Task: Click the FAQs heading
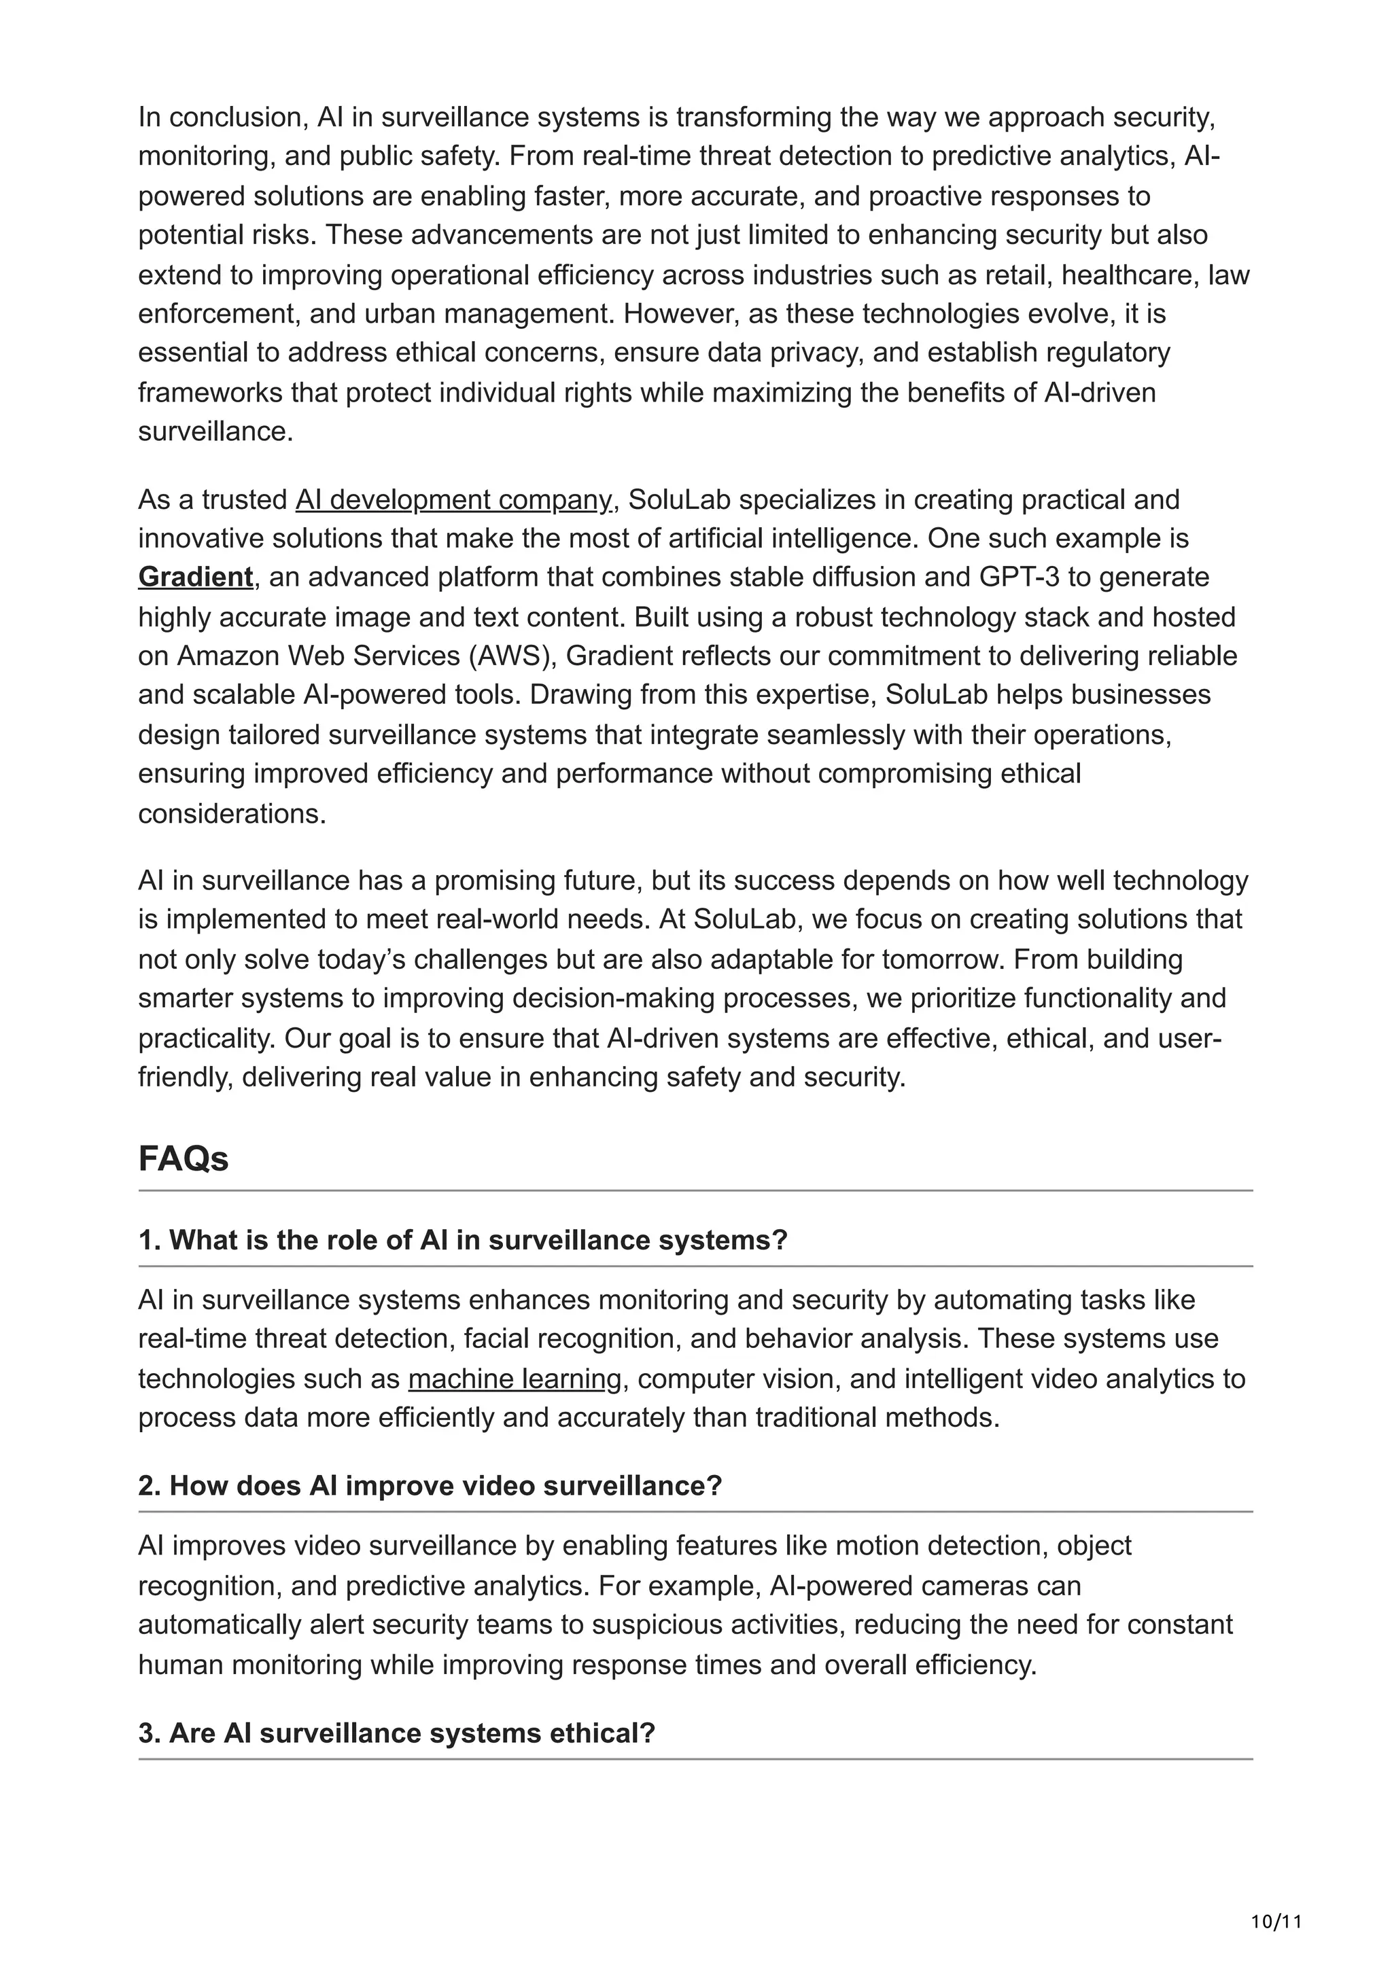[183, 1159]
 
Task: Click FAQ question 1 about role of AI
[462, 1240]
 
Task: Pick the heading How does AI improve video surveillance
[430, 1486]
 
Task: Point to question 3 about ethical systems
[396, 1733]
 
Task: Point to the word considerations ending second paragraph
[232, 814]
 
